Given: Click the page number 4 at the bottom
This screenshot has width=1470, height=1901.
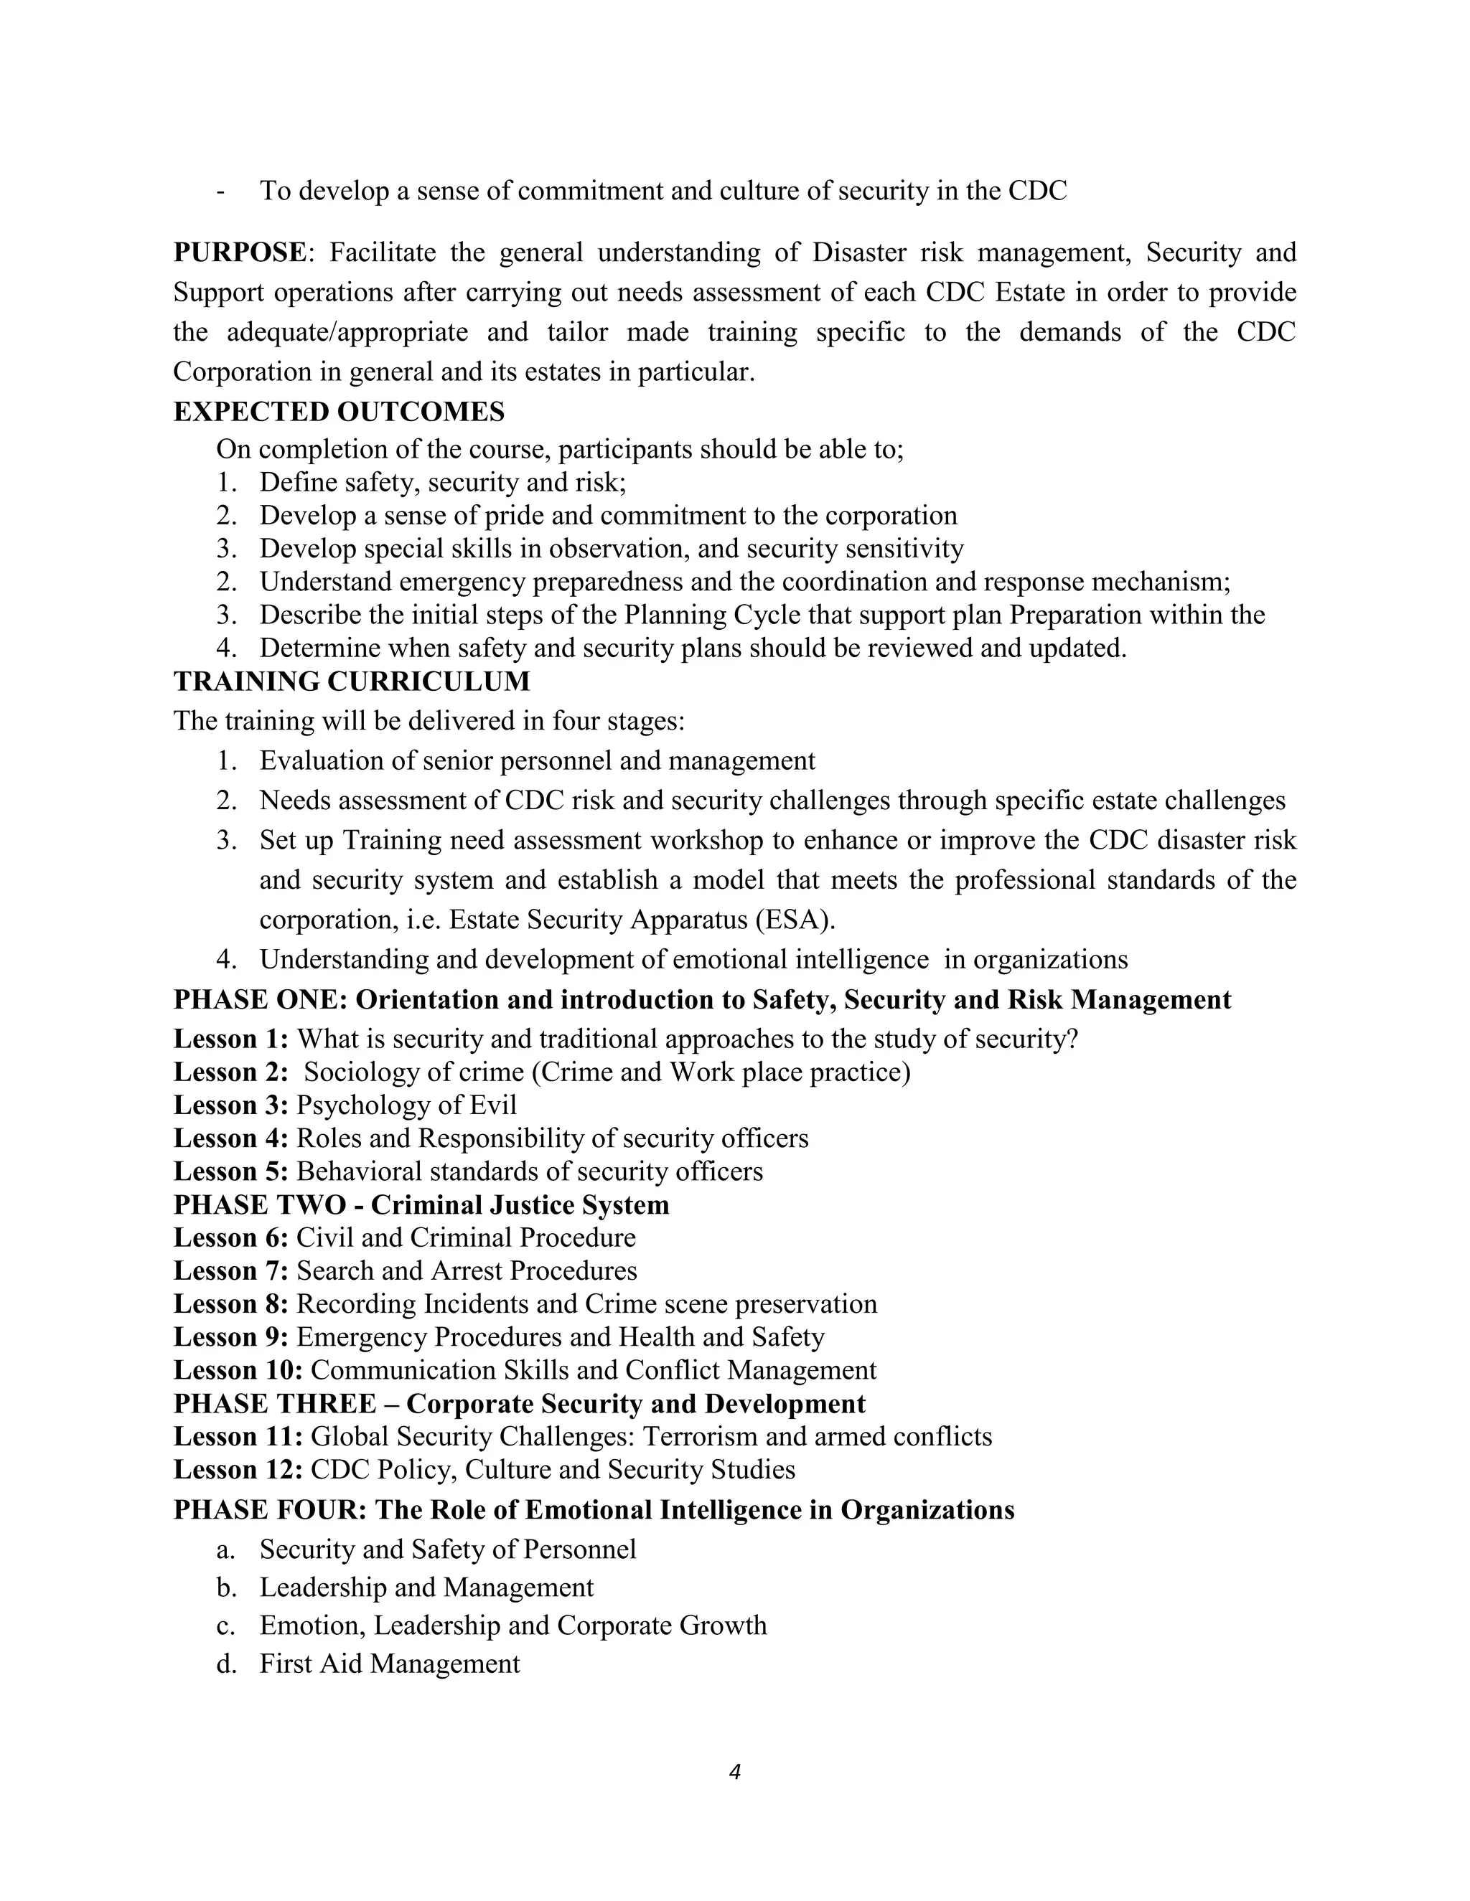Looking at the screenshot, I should point(734,1771).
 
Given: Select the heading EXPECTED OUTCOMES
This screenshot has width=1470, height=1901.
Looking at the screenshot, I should point(339,412).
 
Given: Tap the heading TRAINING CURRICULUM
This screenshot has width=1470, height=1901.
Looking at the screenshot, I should point(351,681).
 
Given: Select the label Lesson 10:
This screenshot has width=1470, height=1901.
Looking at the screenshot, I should point(238,1370).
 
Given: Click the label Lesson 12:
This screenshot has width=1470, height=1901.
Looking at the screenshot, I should point(238,1469).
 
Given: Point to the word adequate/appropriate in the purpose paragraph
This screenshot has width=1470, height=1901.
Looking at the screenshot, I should point(347,333).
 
